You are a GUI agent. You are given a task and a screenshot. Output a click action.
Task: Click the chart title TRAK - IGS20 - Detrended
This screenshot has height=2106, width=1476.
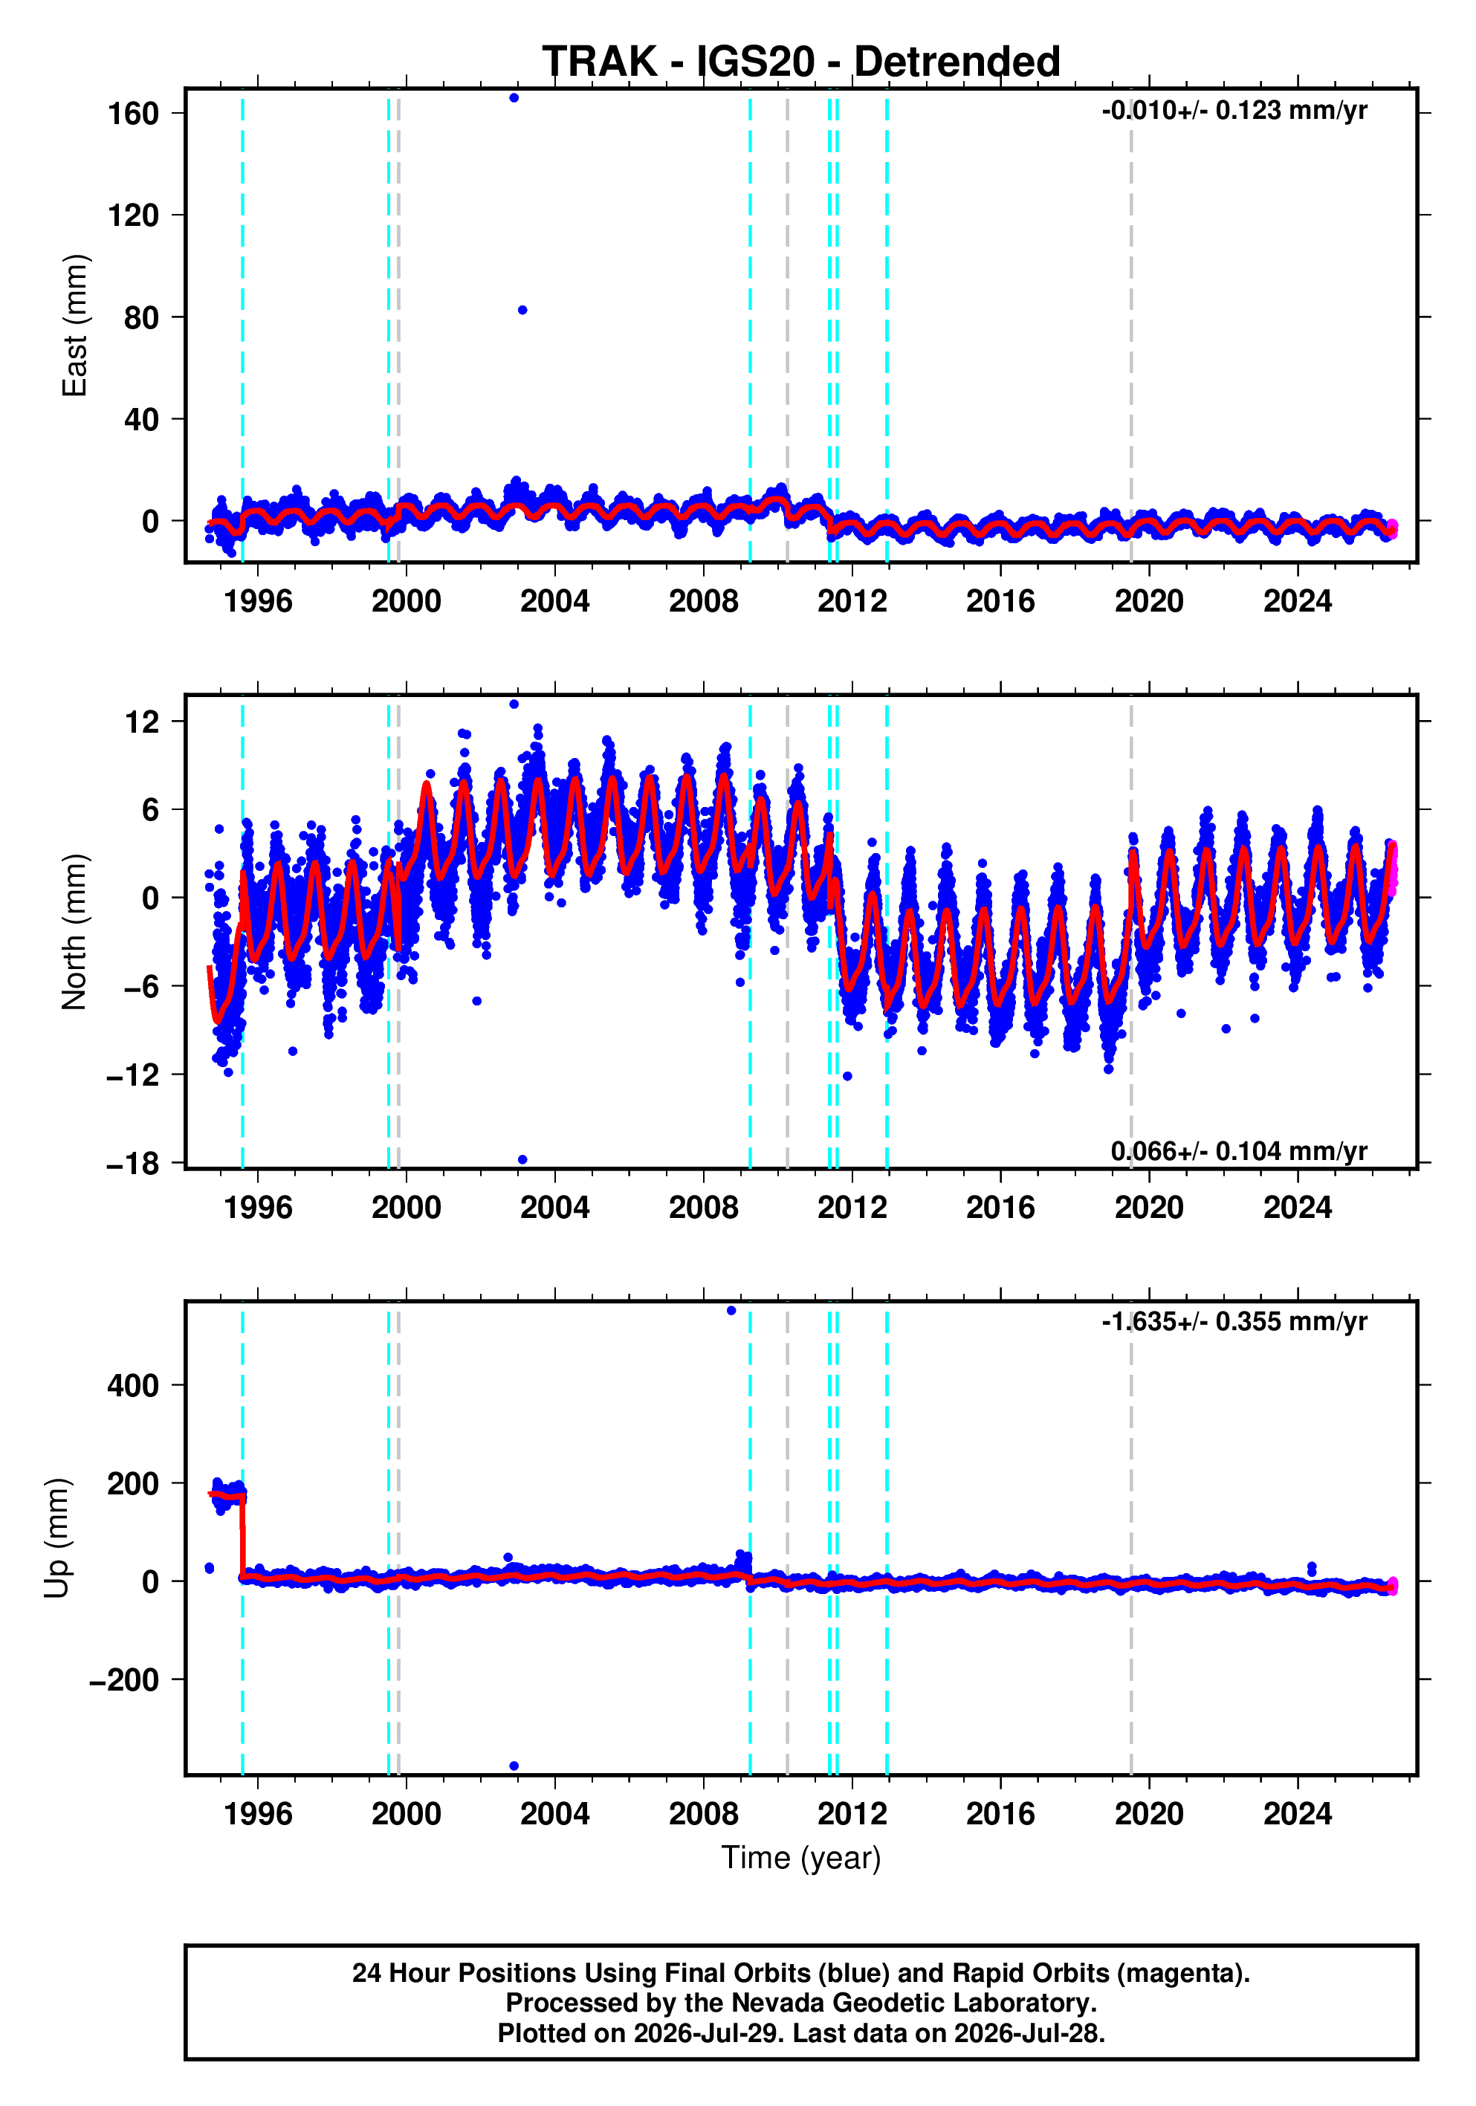tap(801, 62)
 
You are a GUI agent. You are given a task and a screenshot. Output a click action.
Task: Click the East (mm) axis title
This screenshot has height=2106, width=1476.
tap(74, 325)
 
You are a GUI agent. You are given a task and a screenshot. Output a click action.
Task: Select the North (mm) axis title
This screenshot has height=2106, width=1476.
tap(74, 932)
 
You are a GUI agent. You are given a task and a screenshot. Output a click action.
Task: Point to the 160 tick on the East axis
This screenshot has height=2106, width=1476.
tap(134, 114)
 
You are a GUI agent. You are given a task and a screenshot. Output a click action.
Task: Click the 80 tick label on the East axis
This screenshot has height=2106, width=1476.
tap(142, 317)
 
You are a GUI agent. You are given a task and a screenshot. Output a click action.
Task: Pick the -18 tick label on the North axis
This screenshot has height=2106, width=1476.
tap(134, 1163)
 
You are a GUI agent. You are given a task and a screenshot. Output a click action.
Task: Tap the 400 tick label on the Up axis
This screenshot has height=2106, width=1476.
tap(134, 1385)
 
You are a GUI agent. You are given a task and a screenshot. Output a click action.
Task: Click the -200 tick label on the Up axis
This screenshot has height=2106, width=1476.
tap(125, 1679)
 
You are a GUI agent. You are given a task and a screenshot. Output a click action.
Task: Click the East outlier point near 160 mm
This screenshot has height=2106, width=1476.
tap(514, 98)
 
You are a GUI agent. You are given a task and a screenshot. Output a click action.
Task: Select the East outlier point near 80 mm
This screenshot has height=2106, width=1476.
tap(522, 310)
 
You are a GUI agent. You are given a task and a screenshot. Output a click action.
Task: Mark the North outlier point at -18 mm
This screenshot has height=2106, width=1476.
tap(522, 1159)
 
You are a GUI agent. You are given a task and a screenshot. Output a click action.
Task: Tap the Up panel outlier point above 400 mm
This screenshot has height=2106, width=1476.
tap(731, 1311)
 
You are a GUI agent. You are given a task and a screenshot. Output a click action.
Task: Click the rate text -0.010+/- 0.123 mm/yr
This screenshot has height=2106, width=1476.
tap(1234, 111)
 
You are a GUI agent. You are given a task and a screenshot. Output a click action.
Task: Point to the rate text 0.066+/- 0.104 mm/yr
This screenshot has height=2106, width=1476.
tap(1238, 1150)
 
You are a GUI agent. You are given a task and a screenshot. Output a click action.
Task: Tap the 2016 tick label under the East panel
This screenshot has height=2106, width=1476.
tap(1000, 602)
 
